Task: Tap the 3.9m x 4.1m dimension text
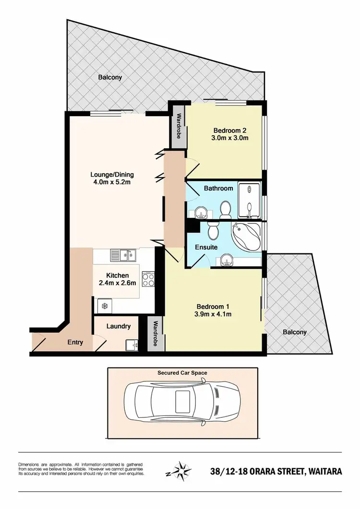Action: pyautogui.click(x=214, y=315)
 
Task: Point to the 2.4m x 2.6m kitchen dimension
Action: pyautogui.click(x=118, y=283)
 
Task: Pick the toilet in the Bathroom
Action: pyautogui.click(x=224, y=209)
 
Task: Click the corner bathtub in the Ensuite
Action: pyautogui.click(x=245, y=237)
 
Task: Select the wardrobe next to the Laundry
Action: pyautogui.click(x=156, y=334)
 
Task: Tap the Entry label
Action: pyautogui.click(x=75, y=342)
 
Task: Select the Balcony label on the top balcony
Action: pyautogui.click(x=110, y=77)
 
